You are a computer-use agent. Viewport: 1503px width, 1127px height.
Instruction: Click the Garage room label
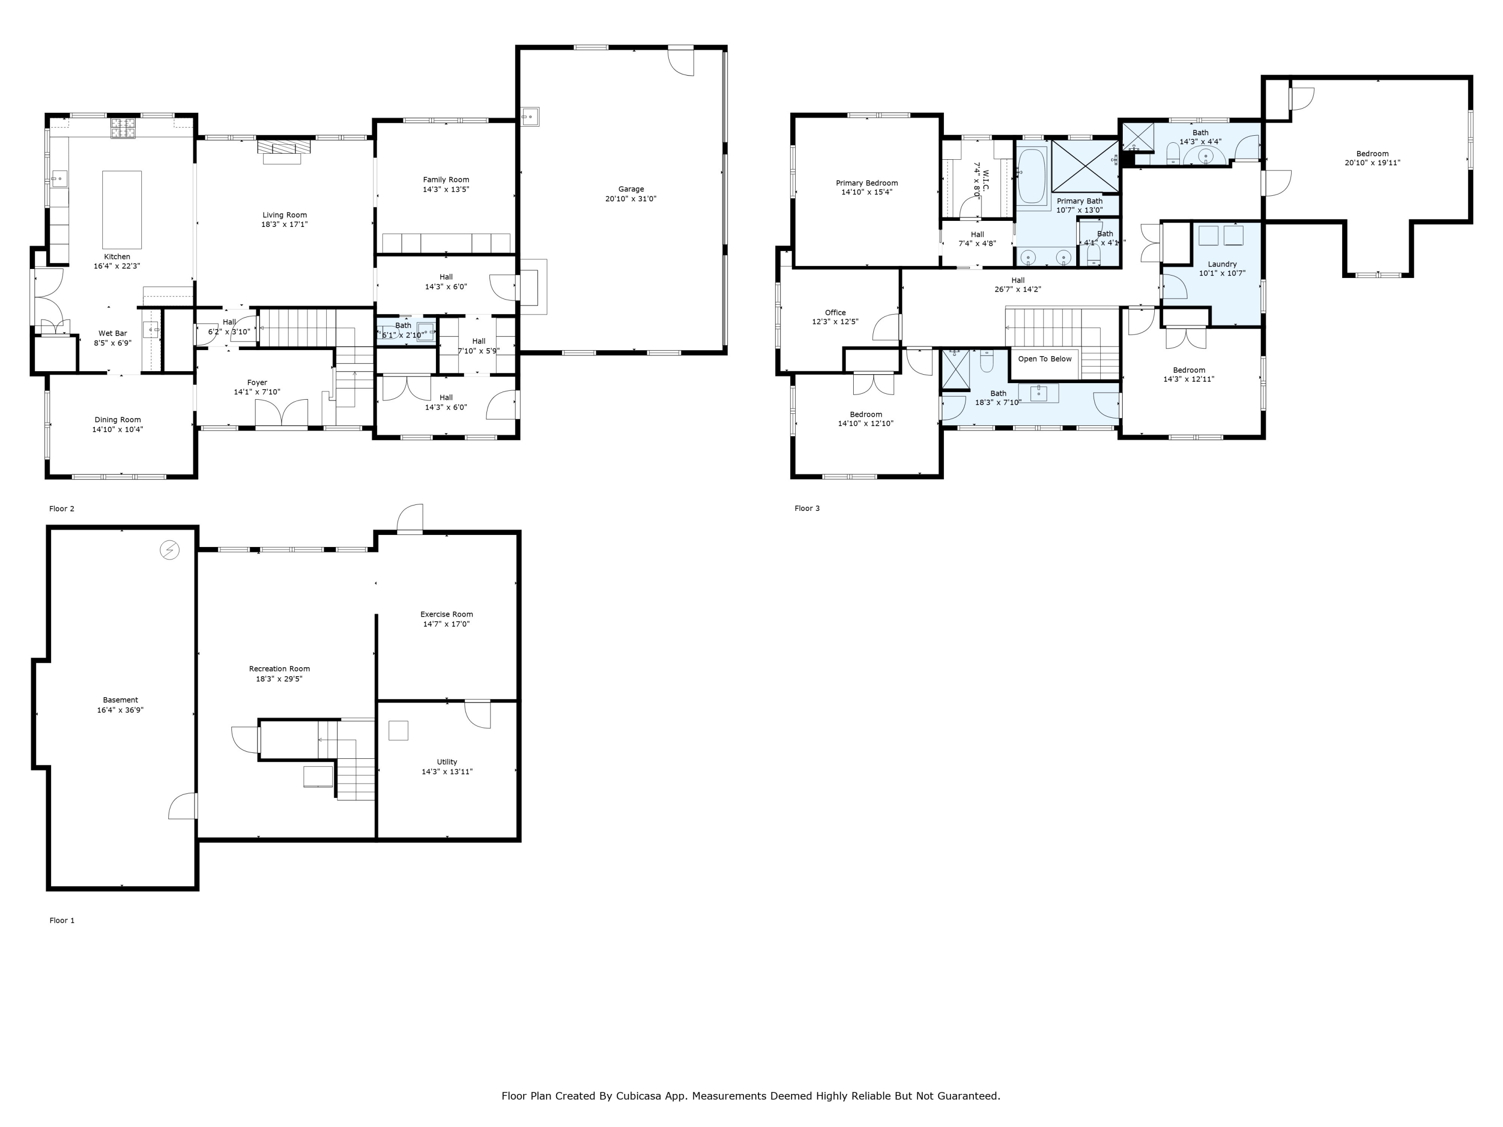click(631, 189)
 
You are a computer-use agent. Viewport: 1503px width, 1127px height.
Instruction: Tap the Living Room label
click(285, 215)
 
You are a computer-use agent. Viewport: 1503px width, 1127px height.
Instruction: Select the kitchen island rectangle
click(122, 210)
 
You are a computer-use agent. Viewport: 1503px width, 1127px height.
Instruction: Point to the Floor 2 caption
click(62, 508)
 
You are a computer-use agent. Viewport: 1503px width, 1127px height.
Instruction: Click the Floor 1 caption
click(62, 921)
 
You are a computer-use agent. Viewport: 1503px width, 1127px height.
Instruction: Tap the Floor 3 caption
click(807, 508)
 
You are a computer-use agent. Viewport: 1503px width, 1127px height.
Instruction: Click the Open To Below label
click(1045, 359)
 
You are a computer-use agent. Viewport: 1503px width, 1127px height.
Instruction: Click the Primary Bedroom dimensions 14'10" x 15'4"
click(867, 192)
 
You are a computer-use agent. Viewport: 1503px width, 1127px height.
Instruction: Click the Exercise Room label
click(446, 614)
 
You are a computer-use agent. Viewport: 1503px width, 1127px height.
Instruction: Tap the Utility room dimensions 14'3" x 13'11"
click(447, 772)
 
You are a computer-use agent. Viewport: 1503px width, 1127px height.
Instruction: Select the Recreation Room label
click(279, 669)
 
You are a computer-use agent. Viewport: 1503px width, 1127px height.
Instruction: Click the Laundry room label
click(1222, 264)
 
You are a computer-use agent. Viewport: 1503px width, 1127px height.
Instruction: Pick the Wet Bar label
click(113, 333)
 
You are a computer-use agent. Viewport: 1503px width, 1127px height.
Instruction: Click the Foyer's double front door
click(281, 414)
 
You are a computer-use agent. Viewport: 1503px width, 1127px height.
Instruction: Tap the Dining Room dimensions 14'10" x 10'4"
click(118, 429)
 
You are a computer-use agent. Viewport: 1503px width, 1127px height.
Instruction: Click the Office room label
click(836, 313)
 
